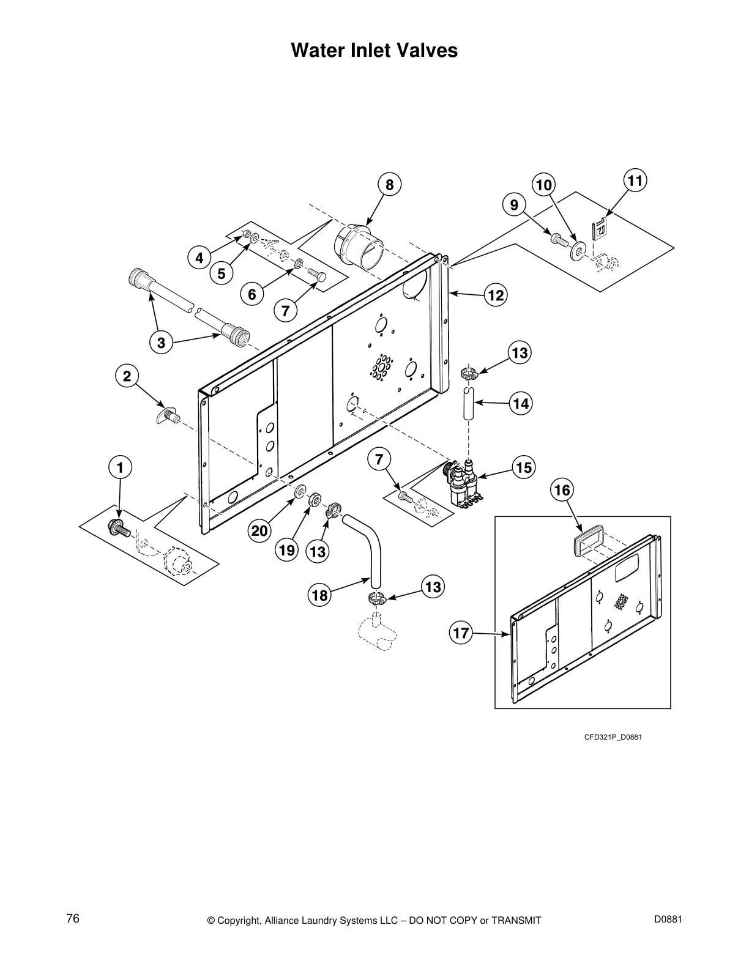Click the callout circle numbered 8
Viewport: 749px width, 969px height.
(389, 185)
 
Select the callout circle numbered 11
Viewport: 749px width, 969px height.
(636, 181)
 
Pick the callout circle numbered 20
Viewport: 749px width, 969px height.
(260, 531)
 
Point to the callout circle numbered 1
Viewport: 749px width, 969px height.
(121, 468)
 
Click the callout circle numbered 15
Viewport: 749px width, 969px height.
(523, 468)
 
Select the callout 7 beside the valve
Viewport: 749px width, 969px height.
(379, 458)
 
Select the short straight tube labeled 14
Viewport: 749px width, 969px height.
(469, 404)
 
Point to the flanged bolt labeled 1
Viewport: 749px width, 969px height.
(116, 526)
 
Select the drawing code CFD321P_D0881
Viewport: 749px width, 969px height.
(613, 737)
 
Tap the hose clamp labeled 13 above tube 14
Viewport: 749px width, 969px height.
(468, 373)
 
